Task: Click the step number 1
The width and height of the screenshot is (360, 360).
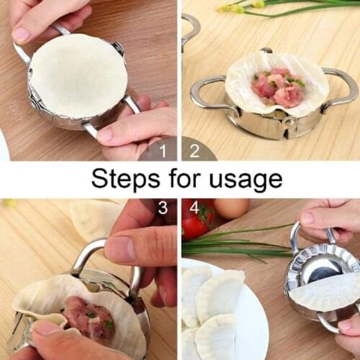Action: [x=163, y=150]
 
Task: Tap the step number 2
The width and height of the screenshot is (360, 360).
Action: [x=193, y=150]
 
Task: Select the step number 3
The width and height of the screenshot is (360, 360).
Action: [x=163, y=209]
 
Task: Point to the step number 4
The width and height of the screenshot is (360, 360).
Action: [x=193, y=209]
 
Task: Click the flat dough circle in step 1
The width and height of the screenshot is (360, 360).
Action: [x=77, y=74]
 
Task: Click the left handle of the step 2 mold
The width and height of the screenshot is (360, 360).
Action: [x=209, y=94]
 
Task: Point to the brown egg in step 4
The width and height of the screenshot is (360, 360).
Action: [x=231, y=209]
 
